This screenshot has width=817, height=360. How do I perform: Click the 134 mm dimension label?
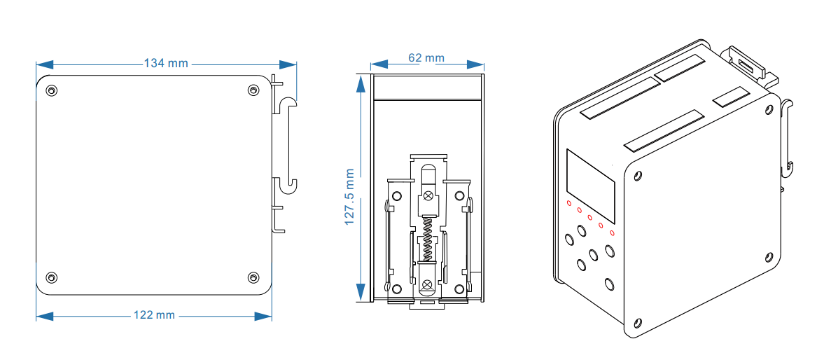click(x=166, y=63)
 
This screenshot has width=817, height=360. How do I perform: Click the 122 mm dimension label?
click(x=154, y=315)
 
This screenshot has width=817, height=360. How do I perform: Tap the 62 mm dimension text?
click(x=426, y=57)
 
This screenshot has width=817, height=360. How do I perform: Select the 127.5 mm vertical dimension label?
click(x=351, y=196)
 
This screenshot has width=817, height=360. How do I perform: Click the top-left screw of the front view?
click(x=52, y=90)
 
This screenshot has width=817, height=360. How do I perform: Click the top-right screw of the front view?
click(x=253, y=90)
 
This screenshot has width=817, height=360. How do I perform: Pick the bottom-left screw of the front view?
click(x=52, y=277)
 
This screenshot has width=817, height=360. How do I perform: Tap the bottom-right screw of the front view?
click(x=253, y=277)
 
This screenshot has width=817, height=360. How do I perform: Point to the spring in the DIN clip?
click(x=427, y=238)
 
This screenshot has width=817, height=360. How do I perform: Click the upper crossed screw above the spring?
click(x=427, y=197)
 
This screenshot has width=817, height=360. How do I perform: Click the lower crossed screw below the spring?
click(x=427, y=284)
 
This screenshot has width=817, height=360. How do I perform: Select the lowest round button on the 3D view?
click(x=609, y=284)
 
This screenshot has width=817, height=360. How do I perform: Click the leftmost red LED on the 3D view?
click(x=569, y=203)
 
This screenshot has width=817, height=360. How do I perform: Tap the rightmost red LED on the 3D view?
click(x=612, y=233)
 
